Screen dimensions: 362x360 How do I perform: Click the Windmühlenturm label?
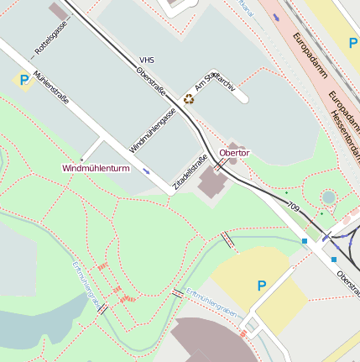(96, 168)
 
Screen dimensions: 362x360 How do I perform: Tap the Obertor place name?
(234, 153)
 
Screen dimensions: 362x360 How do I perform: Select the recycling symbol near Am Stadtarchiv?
(189, 98)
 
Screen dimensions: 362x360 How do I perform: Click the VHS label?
(147, 60)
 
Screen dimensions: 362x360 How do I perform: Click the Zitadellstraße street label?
(190, 169)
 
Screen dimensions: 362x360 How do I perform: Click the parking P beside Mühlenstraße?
(23, 80)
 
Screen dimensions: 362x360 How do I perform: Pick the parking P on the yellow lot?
(261, 286)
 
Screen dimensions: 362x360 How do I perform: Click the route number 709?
(292, 207)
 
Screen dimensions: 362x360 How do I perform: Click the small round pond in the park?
(328, 197)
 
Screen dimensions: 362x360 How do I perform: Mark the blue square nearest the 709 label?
(304, 242)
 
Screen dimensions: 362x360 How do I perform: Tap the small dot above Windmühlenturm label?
(81, 159)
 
